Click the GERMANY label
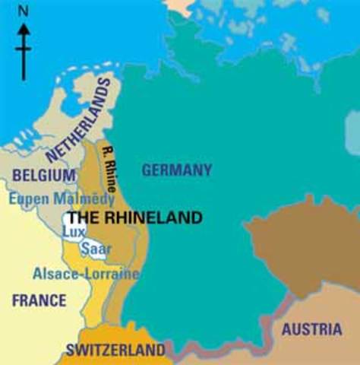(x=176, y=170)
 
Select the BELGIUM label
(x=43, y=176)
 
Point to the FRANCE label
(x=39, y=300)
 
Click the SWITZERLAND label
(x=115, y=351)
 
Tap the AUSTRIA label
(x=311, y=329)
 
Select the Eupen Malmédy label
(x=62, y=198)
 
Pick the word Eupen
(x=27, y=198)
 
